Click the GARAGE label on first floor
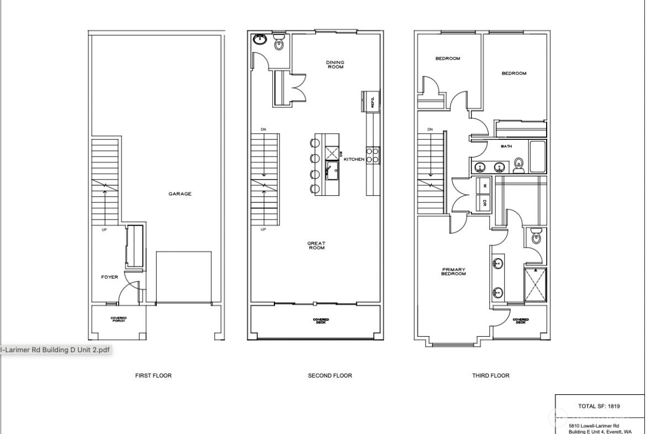click(x=180, y=194)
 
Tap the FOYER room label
click(x=109, y=277)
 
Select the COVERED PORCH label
click(x=119, y=320)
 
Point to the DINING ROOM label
click(x=335, y=65)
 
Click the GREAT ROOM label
click(x=316, y=245)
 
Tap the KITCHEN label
click(x=354, y=159)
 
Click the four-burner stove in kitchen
click(x=373, y=154)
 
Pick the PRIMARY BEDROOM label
click(x=454, y=272)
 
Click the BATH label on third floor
click(x=506, y=147)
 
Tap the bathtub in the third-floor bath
click(x=537, y=157)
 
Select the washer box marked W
click(x=484, y=185)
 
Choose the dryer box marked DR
click(x=484, y=202)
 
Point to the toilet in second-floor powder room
click(x=279, y=41)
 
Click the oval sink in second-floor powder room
click(x=260, y=39)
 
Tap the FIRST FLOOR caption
click(x=153, y=375)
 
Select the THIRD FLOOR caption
click(x=490, y=375)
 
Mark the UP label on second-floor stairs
click(x=263, y=229)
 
